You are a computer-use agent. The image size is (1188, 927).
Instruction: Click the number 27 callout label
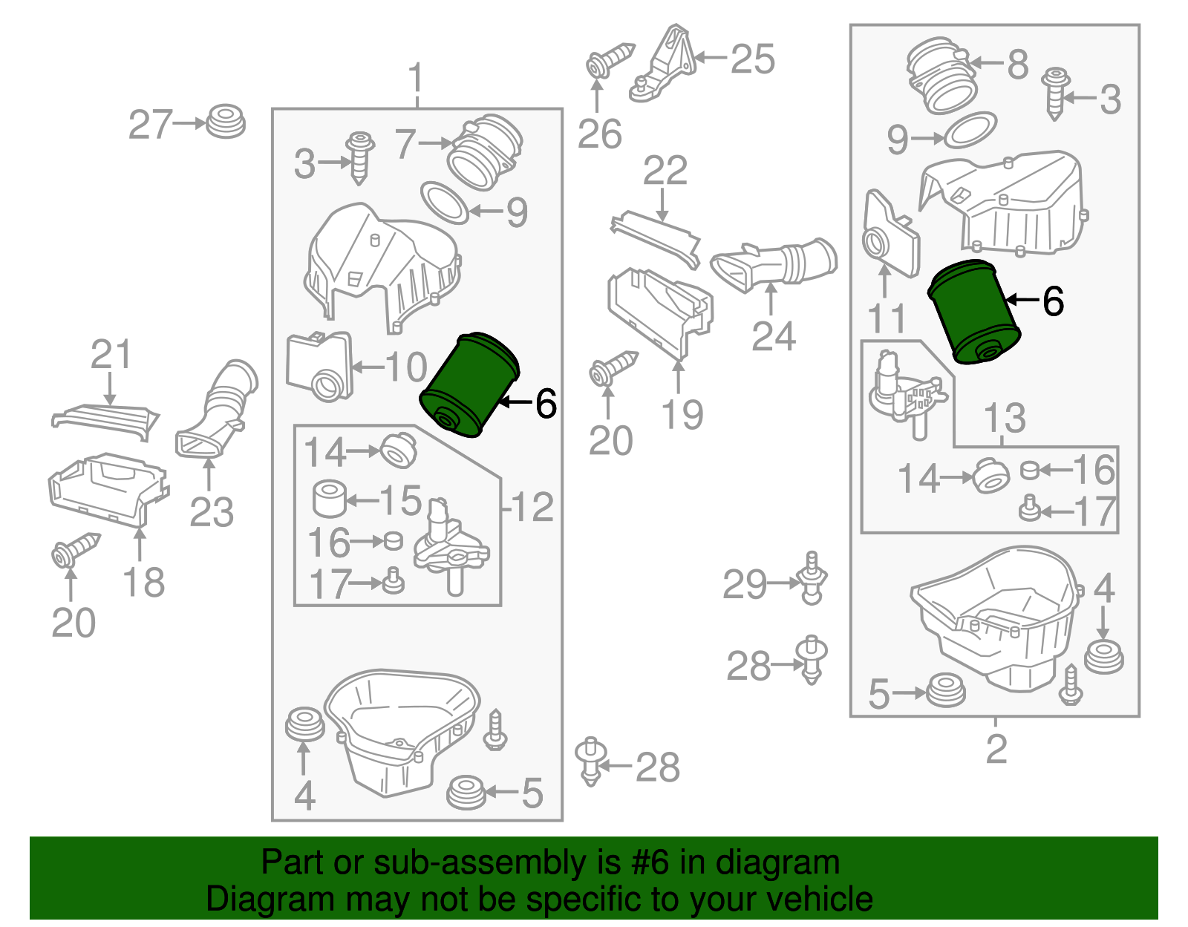151,125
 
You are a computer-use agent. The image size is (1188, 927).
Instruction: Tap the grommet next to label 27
225,122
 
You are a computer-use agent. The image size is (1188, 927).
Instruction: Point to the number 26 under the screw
599,134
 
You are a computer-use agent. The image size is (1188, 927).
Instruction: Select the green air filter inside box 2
974,313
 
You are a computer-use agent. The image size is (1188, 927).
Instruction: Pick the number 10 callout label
406,367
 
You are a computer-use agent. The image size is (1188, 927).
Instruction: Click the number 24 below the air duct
774,336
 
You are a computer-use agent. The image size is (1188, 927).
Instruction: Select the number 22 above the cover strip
665,171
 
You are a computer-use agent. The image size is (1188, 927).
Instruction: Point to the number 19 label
682,415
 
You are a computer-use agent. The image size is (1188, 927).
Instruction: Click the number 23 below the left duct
212,512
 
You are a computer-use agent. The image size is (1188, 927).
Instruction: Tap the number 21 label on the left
111,355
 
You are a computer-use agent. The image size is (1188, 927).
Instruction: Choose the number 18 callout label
144,583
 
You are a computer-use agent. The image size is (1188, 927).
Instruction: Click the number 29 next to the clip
745,585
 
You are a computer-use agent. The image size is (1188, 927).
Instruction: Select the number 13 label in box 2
1005,418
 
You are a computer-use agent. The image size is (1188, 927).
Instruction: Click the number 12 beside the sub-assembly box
532,507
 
